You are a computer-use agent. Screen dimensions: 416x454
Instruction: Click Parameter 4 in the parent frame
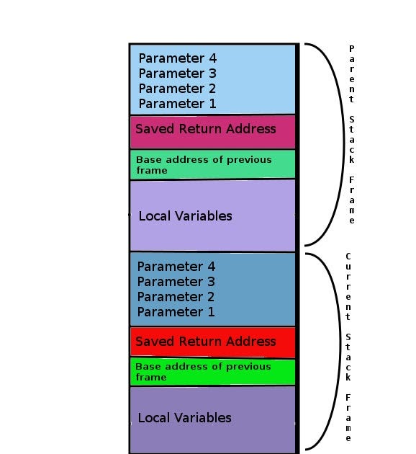178,58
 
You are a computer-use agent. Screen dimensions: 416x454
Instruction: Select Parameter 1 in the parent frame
178,104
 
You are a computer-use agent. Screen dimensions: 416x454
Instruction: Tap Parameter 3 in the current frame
176,282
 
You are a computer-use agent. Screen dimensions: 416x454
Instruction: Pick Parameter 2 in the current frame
176,297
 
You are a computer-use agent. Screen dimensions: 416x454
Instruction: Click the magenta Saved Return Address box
213,132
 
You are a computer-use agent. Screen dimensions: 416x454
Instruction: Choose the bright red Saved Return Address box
213,342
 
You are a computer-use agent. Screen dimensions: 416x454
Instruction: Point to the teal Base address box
213,164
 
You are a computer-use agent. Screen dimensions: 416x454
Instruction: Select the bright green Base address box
213,372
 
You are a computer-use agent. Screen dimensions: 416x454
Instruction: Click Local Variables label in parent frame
185,216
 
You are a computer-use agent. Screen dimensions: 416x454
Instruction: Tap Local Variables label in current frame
185,418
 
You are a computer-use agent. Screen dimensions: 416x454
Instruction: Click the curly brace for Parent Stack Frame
343,145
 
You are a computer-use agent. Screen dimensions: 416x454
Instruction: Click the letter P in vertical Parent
351,49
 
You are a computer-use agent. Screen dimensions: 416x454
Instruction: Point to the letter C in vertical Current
348,257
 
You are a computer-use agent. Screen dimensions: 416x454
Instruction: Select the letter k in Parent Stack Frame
351,159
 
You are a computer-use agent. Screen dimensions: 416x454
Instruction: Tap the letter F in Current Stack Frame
348,398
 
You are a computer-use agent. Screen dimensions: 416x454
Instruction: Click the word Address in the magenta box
251,129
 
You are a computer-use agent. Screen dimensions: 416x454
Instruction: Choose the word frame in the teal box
152,171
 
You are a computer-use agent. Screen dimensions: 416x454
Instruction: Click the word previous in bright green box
248,367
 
